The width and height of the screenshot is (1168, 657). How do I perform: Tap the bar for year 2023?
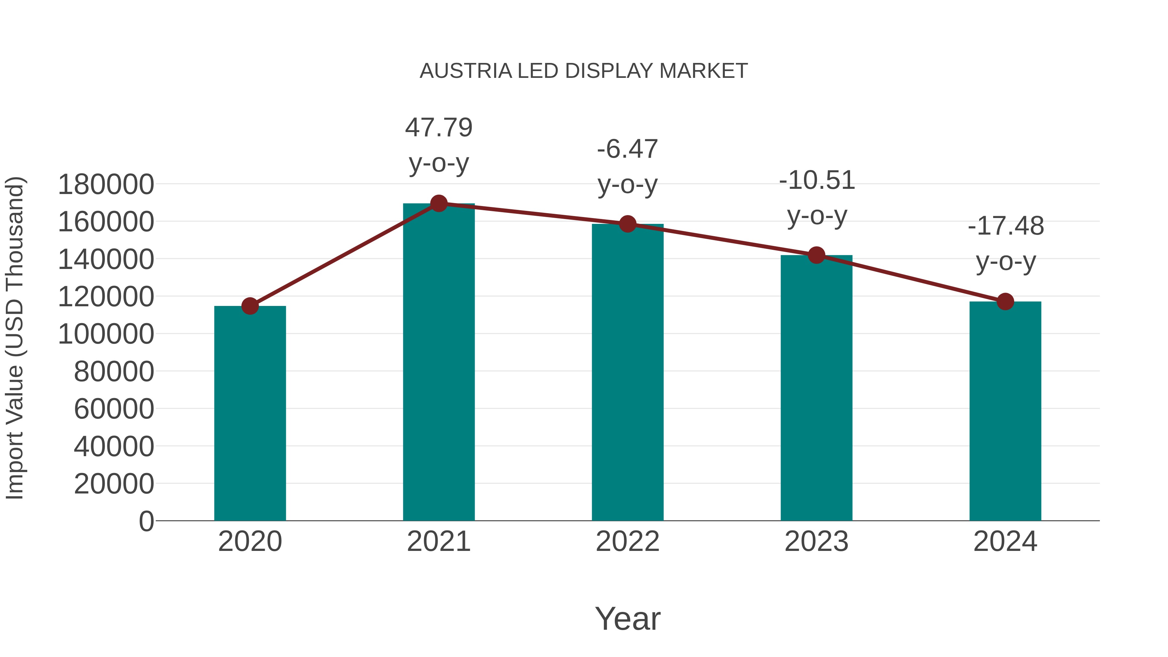tap(816, 388)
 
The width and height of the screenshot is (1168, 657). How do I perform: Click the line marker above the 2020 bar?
tap(250, 306)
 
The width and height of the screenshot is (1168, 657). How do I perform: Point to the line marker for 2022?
tap(627, 224)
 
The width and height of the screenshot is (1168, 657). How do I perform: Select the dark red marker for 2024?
tap(1005, 301)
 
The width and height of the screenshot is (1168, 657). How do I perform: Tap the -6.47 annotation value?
tap(627, 149)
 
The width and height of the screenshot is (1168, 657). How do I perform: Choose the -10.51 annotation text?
tap(817, 180)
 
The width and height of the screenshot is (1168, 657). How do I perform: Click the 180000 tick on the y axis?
tap(106, 185)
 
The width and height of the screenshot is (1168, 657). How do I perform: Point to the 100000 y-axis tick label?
tap(106, 334)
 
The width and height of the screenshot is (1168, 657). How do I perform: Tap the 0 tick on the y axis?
tap(146, 521)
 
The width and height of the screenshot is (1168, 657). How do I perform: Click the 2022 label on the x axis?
tap(627, 541)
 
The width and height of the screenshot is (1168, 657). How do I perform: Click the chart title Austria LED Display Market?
tap(584, 71)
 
